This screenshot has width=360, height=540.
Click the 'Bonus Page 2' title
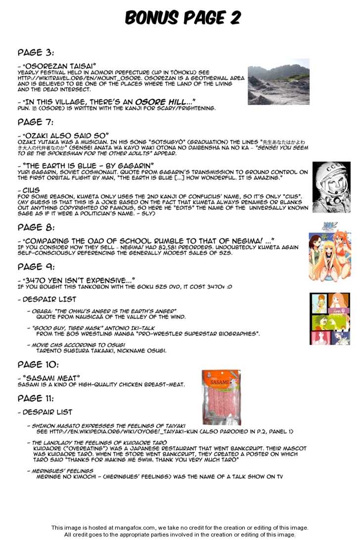[182, 18]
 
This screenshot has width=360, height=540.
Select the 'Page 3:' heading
[36, 52]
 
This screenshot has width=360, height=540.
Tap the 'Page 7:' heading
[36, 122]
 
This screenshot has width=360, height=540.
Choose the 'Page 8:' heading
[36, 227]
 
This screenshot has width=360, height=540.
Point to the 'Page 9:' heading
[36, 266]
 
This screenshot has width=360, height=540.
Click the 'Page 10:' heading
[38, 364]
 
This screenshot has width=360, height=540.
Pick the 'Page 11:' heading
[38, 398]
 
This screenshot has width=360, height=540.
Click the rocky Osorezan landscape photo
[278, 82]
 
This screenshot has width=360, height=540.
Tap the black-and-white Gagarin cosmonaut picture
[331, 187]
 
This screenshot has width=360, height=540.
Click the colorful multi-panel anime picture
[329, 319]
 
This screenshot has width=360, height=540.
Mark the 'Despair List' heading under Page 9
[46, 299]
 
